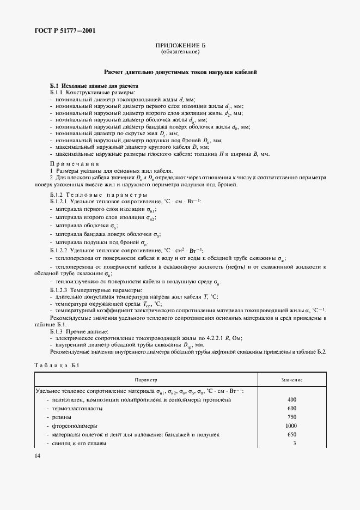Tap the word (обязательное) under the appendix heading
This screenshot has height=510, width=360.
click(180, 52)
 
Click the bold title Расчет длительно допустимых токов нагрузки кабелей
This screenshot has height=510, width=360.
click(180, 72)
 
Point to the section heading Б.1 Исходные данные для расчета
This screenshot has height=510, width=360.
click(94, 86)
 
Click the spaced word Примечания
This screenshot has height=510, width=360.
click(74, 163)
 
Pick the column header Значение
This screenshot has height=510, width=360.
click(291, 379)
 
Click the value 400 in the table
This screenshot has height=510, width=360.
click(291, 400)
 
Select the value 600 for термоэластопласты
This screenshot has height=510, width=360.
click(291, 409)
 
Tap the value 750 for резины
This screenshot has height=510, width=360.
click(291, 417)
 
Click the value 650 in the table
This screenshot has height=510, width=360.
click(291, 435)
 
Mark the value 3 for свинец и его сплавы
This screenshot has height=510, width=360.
click(294, 444)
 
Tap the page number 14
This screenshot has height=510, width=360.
click(37, 456)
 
